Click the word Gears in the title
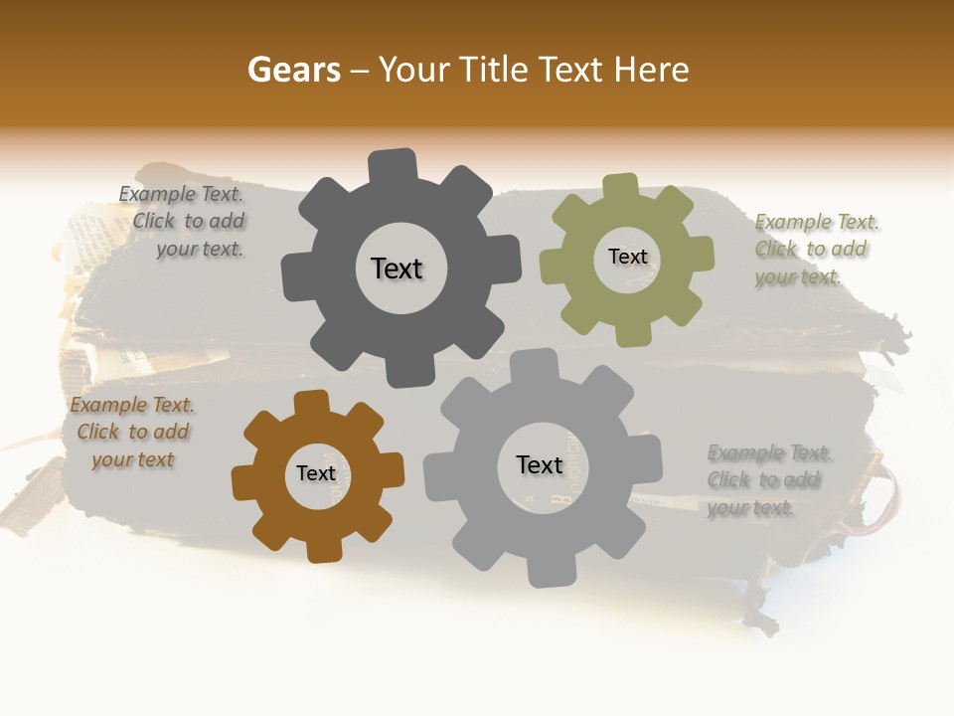293,70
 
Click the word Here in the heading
652,70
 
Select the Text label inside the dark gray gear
397,268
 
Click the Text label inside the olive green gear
627,257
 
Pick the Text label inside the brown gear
316,473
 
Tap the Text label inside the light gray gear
540,464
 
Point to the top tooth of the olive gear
620,189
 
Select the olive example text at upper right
815,249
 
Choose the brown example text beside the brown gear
132,433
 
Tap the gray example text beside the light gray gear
768,480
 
